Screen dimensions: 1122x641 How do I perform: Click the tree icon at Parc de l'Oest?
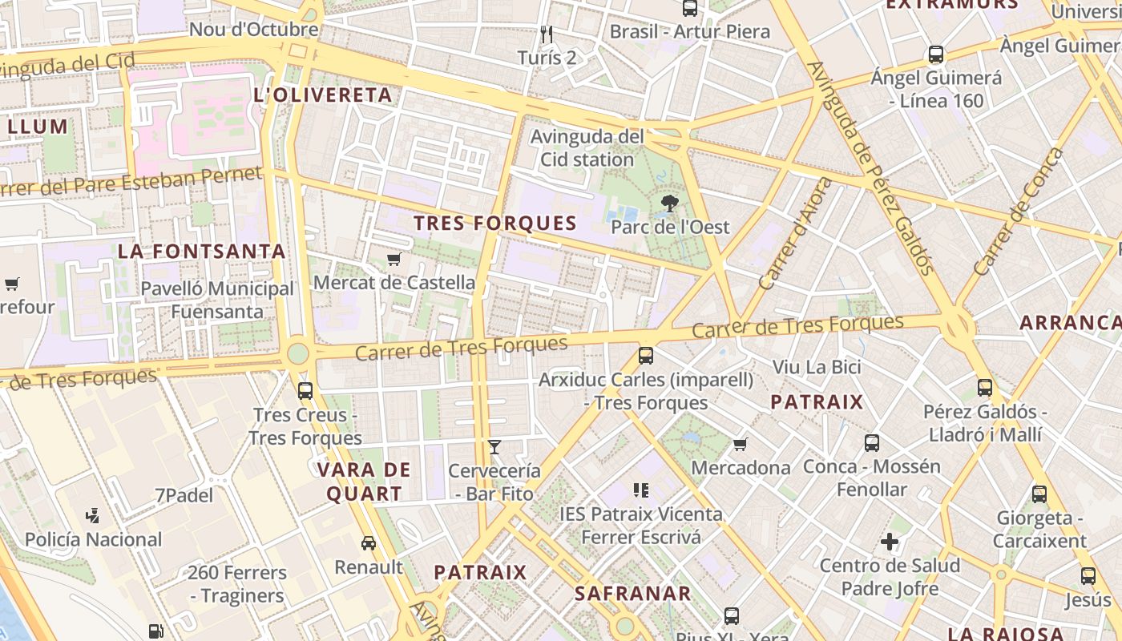(x=669, y=204)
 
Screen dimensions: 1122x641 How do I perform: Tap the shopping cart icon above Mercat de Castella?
(x=394, y=259)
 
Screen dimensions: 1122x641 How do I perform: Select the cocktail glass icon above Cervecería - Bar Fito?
(x=494, y=447)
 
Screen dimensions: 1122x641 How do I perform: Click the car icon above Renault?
(x=369, y=543)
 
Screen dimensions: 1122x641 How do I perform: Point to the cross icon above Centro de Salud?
(x=890, y=542)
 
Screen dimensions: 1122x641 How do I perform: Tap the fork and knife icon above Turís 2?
(x=547, y=34)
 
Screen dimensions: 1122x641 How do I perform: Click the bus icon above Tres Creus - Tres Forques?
(x=305, y=391)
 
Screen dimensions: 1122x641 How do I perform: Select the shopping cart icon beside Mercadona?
(x=741, y=444)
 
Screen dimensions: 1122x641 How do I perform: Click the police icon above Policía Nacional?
(x=93, y=516)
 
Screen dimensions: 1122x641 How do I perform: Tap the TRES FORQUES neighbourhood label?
(x=495, y=224)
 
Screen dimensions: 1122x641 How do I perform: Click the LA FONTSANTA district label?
(x=202, y=251)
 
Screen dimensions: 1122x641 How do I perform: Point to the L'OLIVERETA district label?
(x=323, y=95)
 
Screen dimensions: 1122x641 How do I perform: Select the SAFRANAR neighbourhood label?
(x=633, y=594)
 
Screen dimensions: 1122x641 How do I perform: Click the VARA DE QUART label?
(x=364, y=482)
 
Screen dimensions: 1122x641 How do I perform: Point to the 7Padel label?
(x=184, y=495)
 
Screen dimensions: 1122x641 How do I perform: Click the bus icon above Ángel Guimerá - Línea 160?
(x=936, y=55)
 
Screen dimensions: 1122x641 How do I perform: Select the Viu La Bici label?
(x=817, y=367)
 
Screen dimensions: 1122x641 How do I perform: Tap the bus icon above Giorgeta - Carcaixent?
(x=1039, y=494)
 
